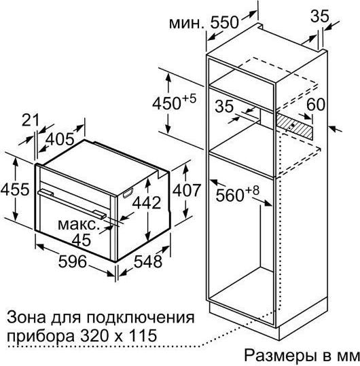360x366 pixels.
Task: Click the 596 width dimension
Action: [73, 261]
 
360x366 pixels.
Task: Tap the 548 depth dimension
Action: [148, 261]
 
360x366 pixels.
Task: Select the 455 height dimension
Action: [15, 189]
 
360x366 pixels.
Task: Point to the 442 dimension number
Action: [147, 202]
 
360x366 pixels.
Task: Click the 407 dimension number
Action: [186, 190]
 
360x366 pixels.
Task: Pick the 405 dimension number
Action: [60, 139]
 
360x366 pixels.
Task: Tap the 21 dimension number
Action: [30, 120]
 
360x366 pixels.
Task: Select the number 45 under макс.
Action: [81, 240]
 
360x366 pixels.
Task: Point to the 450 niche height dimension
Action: [175, 103]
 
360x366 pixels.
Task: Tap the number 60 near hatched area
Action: [316, 105]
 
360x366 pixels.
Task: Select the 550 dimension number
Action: [225, 22]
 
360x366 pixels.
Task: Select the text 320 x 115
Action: [118, 335]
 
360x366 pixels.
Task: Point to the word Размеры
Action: [280, 356]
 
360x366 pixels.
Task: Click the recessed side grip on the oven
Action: [128, 193]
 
